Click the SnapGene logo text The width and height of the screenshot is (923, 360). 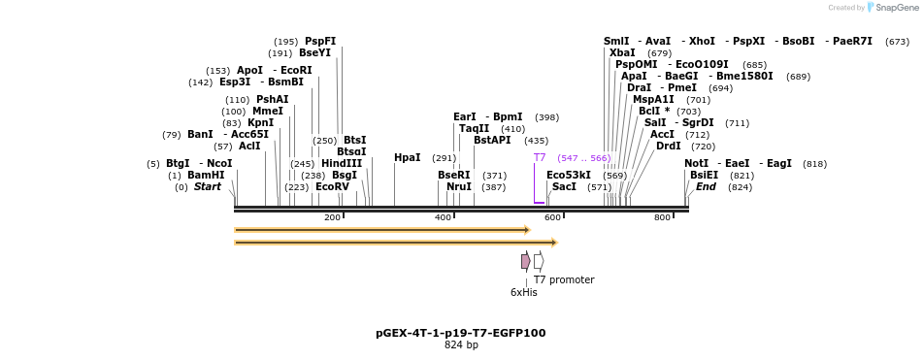pos(898,8)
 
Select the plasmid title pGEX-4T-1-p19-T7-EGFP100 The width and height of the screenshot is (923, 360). pos(460,333)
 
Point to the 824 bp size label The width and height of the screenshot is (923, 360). pos(461,345)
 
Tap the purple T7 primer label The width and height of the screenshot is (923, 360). pos(540,157)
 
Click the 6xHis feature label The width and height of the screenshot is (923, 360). pos(523,292)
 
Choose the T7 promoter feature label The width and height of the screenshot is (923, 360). pos(564,280)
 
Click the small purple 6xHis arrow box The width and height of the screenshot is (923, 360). pos(525,261)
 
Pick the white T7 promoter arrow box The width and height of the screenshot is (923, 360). pos(539,261)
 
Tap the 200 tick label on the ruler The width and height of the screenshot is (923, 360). pos(332,217)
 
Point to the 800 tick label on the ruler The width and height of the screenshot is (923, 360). pos(662,217)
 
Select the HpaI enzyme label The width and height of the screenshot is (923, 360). pos(407,158)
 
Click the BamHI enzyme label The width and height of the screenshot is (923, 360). pos(206,176)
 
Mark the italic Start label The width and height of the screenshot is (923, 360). pos(207,187)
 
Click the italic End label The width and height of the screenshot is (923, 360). pos(706,187)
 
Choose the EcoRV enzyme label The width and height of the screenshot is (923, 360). pos(332,187)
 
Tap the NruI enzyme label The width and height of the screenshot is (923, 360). pos(459,187)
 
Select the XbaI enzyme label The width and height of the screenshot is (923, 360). pos(622,53)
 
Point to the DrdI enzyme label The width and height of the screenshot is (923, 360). pos(669,147)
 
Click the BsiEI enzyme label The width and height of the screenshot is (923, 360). pos(704,176)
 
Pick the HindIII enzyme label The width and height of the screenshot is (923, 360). pos(342,164)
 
